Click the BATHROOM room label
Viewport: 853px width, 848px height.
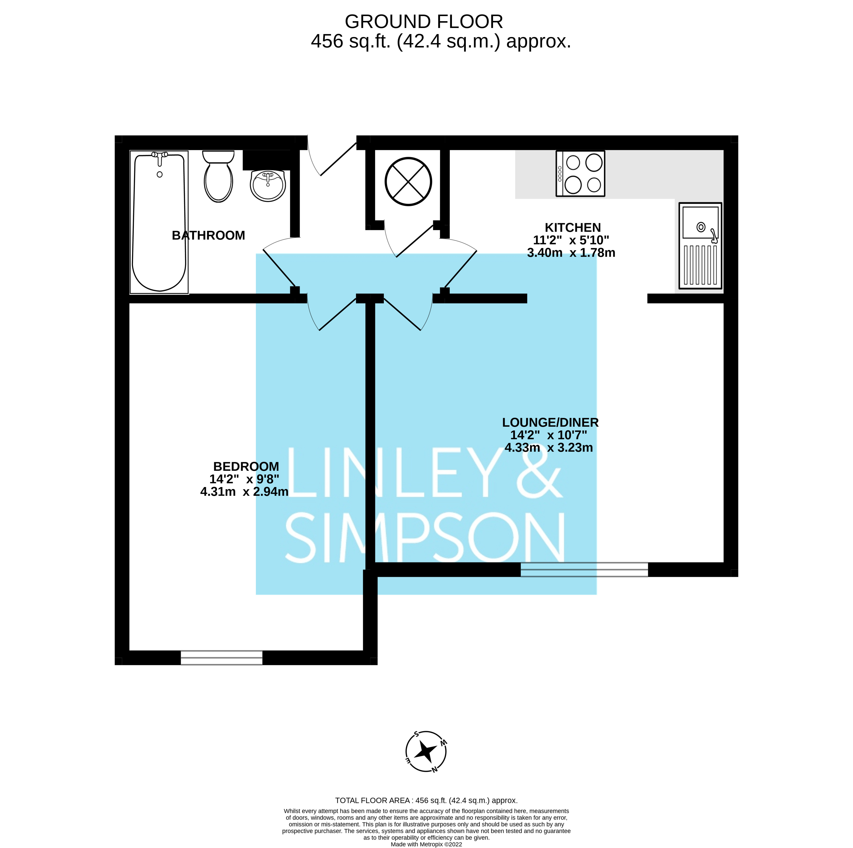208,236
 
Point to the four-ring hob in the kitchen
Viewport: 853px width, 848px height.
580,174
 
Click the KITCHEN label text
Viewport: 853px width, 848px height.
573,228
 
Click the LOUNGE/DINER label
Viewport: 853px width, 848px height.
550,423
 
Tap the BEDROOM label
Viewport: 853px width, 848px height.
246,467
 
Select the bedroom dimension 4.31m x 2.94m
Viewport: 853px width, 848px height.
244,492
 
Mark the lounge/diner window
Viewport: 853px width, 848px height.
584,570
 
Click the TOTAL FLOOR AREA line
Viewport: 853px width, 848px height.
426,800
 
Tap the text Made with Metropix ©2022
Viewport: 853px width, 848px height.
426,844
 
